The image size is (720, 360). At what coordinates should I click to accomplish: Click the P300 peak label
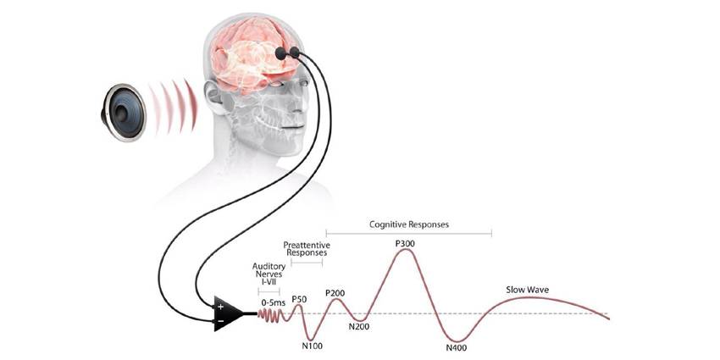pos(406,244)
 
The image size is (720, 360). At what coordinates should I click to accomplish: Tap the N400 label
pos(459,347)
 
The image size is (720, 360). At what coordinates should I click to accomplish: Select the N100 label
pos(313,344)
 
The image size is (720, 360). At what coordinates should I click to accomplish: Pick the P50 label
pos(298,299)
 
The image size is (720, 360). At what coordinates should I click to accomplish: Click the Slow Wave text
pos(528,291)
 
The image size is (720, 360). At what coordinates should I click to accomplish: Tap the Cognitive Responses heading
pos(408,224)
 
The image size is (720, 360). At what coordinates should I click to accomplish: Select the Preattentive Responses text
pos(306,249)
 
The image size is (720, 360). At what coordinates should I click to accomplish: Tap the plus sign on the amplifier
pos(221,306)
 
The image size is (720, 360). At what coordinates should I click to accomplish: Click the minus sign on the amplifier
pos(221,322)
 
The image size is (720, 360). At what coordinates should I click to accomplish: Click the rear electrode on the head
pos(281,53)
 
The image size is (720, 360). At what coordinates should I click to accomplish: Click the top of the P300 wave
pos(405,253)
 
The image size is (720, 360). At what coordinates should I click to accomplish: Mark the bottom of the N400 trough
pos(457,338)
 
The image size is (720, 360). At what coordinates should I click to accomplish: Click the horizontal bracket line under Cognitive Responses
pos(408,233)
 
